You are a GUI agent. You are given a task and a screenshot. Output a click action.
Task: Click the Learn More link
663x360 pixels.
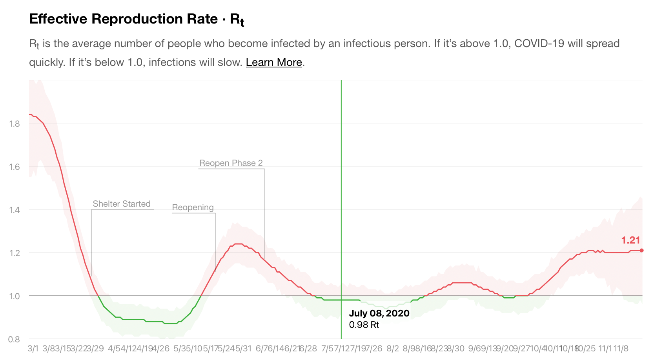pos(274,62)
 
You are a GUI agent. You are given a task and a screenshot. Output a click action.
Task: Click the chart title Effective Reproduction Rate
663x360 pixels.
pos(123,19)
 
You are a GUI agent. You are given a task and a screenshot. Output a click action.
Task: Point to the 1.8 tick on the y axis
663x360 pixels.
pos(15,124)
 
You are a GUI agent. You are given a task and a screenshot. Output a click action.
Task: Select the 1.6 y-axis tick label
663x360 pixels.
pos(15,167)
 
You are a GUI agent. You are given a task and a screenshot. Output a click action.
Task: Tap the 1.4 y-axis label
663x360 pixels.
pos(15,210)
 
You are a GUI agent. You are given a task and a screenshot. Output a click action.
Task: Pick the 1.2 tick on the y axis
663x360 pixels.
pos(15,253)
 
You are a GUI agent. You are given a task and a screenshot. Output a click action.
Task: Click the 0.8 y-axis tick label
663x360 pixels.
pos(15,339)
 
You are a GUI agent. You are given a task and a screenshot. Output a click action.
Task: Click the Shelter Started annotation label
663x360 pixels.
pos(122,204)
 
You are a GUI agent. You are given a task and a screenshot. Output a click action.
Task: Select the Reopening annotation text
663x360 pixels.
pos(193,207)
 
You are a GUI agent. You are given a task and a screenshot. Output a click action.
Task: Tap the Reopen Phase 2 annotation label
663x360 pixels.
pos(231,163)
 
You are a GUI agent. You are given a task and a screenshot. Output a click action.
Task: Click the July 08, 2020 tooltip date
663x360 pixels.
pos(379,313)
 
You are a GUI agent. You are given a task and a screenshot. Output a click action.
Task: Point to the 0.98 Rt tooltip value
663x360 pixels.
pos(364,325)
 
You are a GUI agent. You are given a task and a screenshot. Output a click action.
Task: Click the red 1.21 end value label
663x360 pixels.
pos(630,240)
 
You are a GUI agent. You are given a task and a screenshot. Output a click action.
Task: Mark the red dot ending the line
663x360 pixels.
pos(641,250)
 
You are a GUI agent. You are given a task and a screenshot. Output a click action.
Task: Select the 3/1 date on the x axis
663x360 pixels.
pos(33,348)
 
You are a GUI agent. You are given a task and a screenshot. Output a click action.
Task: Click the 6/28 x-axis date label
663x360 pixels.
pos(309,348)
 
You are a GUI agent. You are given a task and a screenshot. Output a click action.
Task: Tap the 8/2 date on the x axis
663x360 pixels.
pos(392,348)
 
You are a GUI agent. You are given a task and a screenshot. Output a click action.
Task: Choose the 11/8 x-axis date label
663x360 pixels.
pos(621,348)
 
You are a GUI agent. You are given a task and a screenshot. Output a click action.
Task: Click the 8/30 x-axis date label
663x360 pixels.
pos(455,348)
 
